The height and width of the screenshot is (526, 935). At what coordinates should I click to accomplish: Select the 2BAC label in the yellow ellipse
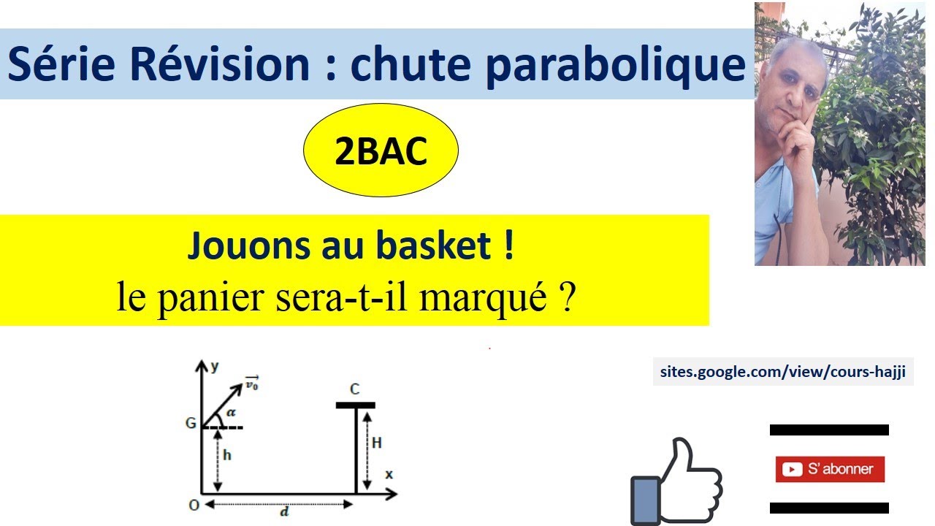(x=381, y=153)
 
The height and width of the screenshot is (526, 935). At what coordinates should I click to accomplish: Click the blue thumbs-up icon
(x=675, y=482)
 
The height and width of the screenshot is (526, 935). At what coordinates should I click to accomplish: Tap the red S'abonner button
(x=830, y=469)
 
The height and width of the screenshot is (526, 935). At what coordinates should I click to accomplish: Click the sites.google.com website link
(x=783, y=373)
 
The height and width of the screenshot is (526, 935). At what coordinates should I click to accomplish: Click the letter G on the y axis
(x=191, y=422)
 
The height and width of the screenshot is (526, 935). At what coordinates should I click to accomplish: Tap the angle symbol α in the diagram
(x=231, y=413)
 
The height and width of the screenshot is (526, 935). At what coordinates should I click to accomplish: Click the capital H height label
(x=377, y=443)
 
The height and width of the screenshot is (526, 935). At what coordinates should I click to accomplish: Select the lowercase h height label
(x=227, y=454)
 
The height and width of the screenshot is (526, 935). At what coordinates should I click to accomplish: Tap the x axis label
(x=389, y=475)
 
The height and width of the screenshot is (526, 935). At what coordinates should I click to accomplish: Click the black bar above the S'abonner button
(x=829, y=430)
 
